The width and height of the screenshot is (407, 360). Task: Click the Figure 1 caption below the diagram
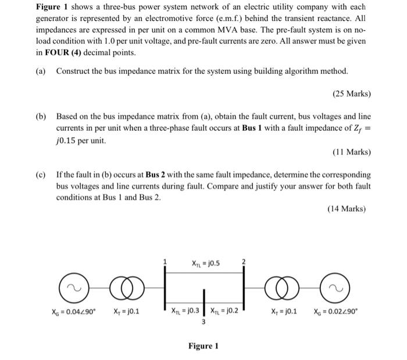pos(203,347)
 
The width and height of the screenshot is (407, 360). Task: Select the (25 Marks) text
pos(351,93)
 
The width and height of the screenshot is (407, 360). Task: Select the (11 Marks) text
pos(351,152)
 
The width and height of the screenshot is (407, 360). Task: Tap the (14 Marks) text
pos(351,208)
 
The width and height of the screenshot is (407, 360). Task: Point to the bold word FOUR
pos(59,52)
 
